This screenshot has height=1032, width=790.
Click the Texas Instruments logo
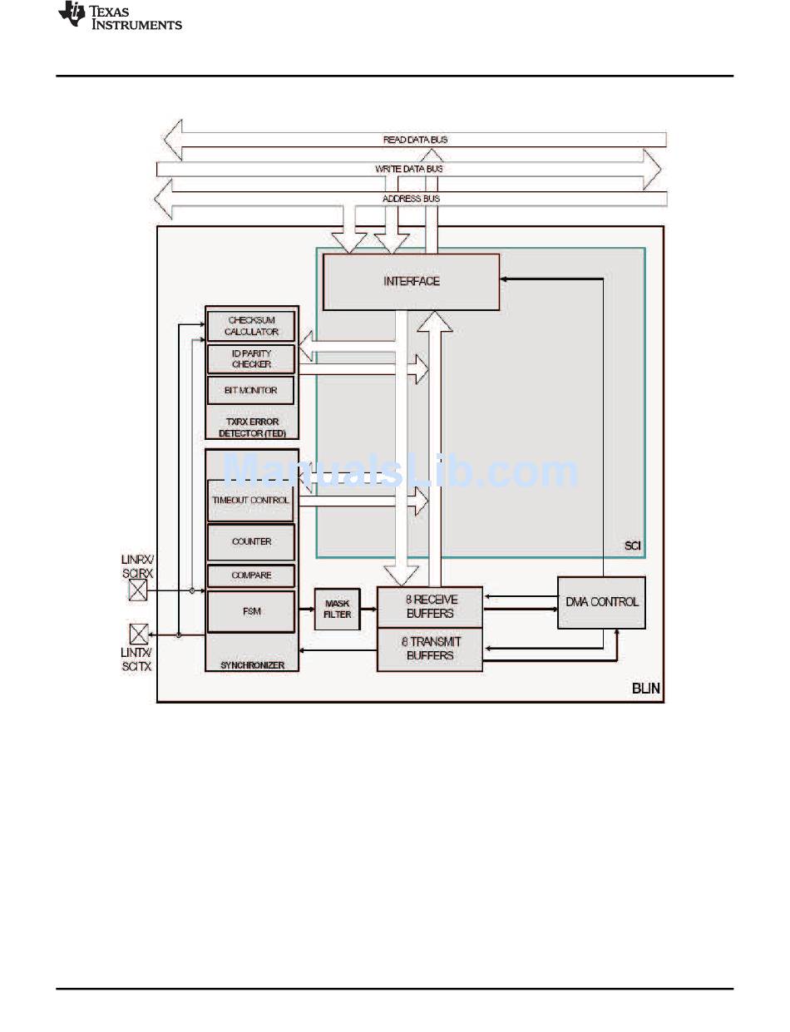[x=120, y=15]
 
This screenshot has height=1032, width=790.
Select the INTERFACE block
[x=411, y=282]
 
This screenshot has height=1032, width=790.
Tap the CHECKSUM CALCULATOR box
[x=251, y=326]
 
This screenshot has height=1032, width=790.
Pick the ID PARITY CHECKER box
[x=251, y=359]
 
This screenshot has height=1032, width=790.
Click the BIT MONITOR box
[x=250, y=390]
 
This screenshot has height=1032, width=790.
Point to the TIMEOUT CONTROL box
[x=250, y=501]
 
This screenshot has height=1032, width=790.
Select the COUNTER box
[x=251, y=542]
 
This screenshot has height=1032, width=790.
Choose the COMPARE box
[x=251, y=575]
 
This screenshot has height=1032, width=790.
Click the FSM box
[x=251, y=612]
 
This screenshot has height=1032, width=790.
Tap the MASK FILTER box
[x=337, y=610]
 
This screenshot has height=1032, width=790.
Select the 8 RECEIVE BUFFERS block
[x=430, y=607]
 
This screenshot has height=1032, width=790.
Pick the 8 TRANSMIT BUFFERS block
[x=430, y=649]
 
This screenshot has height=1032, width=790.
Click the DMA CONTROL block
[x=601, y=603]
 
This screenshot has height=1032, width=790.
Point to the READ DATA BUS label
[x=416, y=140]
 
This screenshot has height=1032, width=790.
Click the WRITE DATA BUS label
[x=409, y=169]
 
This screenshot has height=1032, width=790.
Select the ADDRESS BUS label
[x=411, y=199]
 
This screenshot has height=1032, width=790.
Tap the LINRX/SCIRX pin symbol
[x=138, y=590]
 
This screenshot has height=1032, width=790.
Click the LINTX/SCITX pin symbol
[x=139, y=634]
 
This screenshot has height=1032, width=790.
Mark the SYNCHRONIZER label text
[x=253, y=665]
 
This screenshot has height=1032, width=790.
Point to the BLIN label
[x=645, y=689]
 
